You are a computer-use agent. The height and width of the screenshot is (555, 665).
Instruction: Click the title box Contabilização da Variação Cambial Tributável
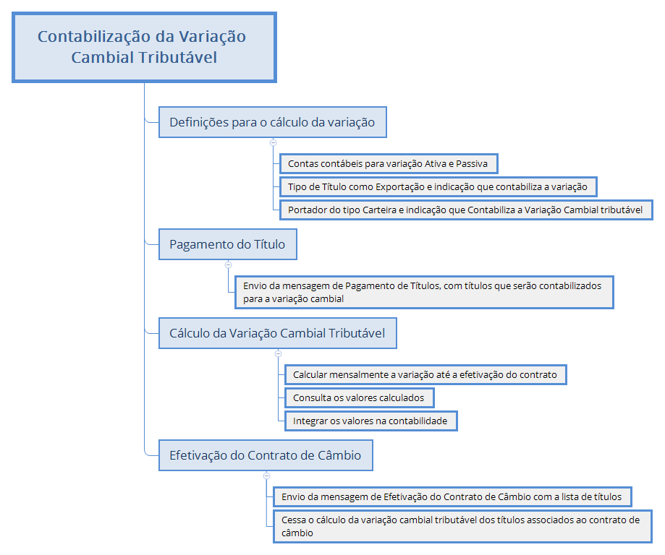coord(144,46)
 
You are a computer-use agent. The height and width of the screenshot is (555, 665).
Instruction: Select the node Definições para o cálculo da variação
coord(272,122)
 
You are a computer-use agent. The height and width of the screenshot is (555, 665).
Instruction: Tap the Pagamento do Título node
coord(227,244)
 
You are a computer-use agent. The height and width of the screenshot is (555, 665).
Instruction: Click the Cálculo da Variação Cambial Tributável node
coord(277,333)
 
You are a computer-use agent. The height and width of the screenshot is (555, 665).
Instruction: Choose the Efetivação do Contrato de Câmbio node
coord(266,455)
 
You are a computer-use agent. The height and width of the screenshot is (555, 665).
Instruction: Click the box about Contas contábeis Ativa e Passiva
coord(388,164)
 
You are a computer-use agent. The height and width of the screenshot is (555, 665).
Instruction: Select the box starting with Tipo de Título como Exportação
coord(437,186)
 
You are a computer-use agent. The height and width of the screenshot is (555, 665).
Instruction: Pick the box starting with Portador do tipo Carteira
coord(465,210)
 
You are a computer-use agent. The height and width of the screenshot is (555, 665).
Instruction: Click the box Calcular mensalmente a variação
coord(425,374)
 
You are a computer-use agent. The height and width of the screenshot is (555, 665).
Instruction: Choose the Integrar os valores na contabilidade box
coord(369,420)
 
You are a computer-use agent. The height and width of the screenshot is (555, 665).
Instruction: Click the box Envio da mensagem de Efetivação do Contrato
coord(452,496)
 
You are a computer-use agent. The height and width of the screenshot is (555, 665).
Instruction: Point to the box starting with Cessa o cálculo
coord(462,526)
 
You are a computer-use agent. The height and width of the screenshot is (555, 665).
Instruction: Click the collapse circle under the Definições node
coord(273,142)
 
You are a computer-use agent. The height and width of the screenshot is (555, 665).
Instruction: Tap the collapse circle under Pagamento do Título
coord(228,264)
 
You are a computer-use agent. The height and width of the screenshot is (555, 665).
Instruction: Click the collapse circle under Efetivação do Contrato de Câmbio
coord(266,476)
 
